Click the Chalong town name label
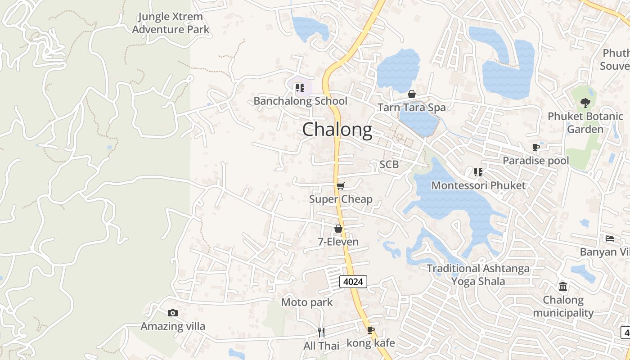pos(337,130)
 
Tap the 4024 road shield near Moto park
pos(353,282)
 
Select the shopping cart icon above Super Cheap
pos(341,186)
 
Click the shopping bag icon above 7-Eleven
pos(338,229)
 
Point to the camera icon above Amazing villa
pos(173,313)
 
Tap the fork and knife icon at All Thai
pos(321,333)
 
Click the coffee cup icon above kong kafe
pos(370,330)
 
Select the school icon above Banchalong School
pos(300,88)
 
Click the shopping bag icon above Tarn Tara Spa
pos(411,94)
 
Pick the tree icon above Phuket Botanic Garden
pos(585,103)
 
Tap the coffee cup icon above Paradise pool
pos(535,147)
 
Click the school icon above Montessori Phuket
pos(478,172)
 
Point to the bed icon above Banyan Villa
pos(610,238)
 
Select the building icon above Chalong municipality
pos(563,286)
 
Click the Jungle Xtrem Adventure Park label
pos(171,23)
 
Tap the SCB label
pos(389,164)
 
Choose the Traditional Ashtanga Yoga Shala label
pos(478,275)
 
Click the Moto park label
pos(307,302)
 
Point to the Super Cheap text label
pos(341,199)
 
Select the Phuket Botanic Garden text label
pos(585,123)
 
